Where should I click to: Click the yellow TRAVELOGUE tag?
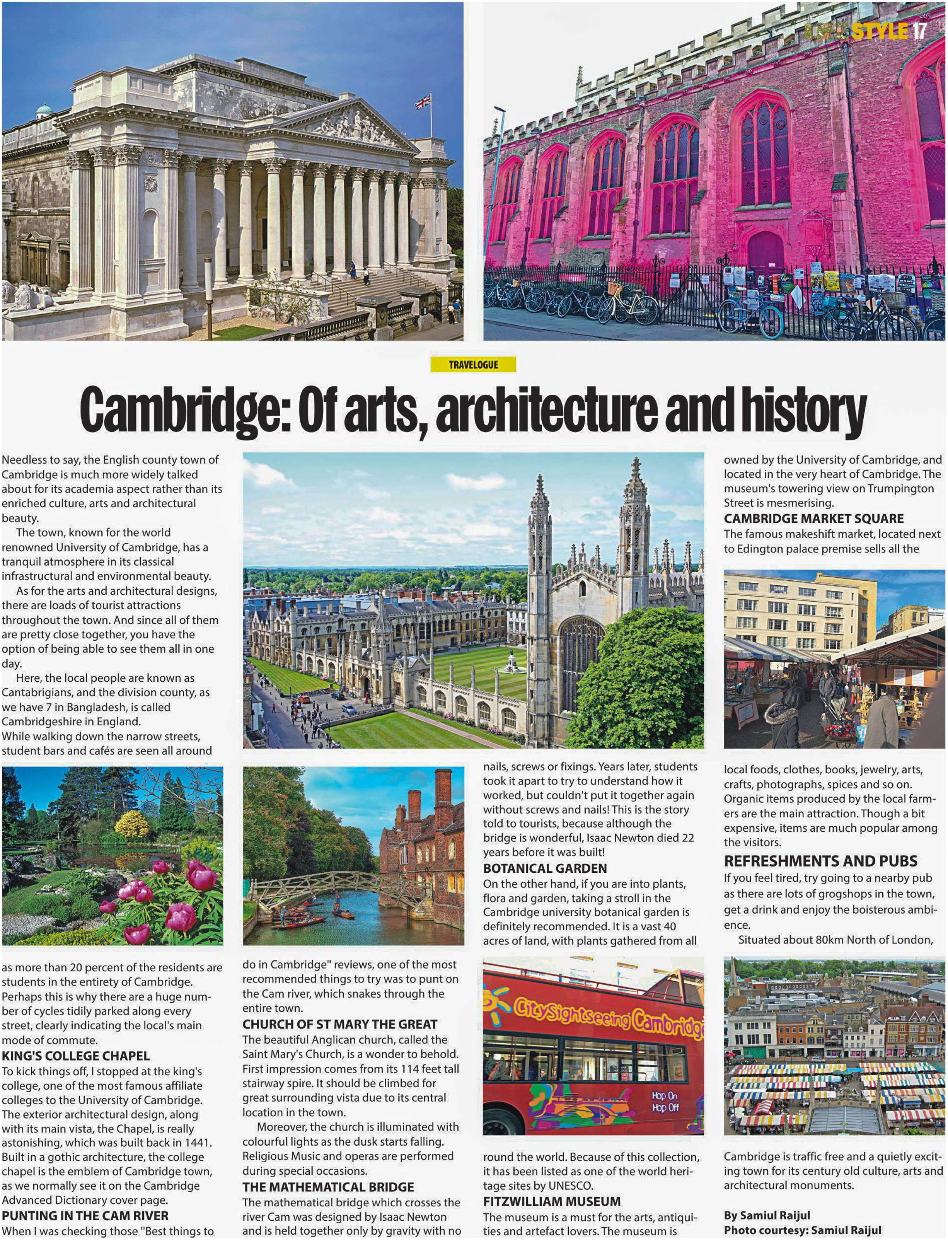[473, 365]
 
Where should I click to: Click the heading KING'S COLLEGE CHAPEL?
[76, 1056]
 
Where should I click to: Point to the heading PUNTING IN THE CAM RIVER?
[85, 1216]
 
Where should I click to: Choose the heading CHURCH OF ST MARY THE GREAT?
[340, 1024]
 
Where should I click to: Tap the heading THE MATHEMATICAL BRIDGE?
[328, 1187]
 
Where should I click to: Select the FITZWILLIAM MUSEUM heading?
[551, 1202]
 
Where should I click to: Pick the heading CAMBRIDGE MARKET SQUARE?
[814, 518]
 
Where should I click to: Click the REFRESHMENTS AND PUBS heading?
[820, 861]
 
